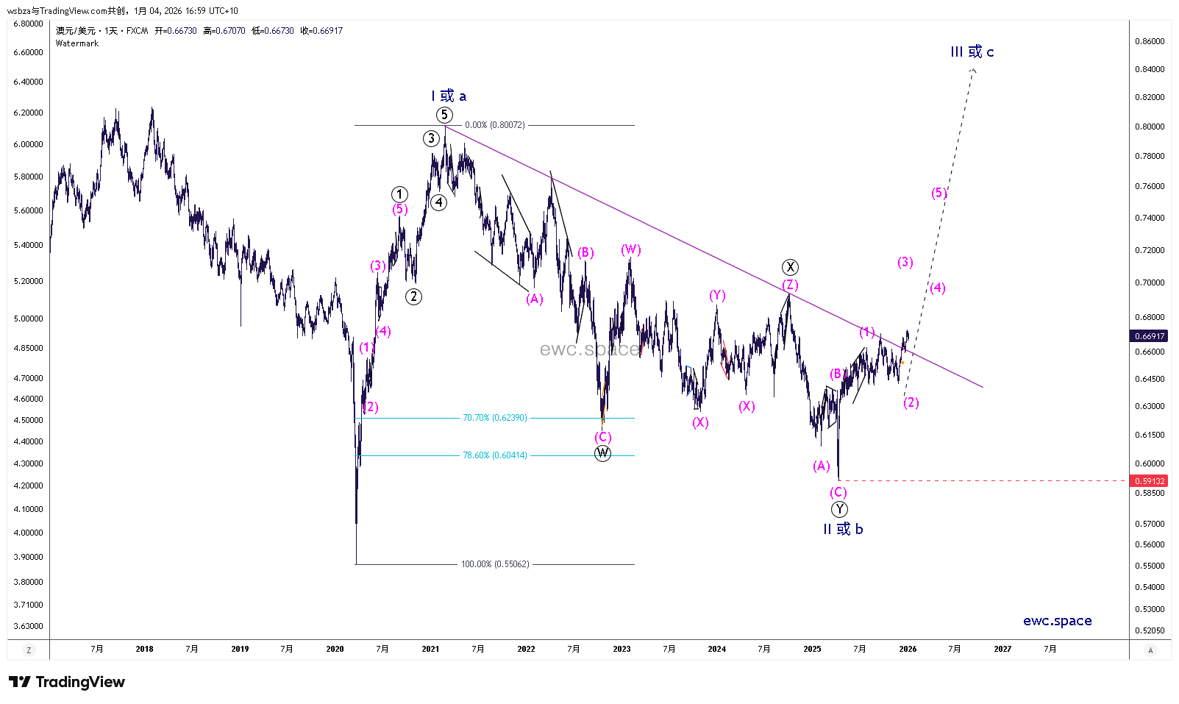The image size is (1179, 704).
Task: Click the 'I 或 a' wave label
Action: coord(448,96)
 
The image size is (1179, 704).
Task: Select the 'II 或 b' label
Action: coord(843,529)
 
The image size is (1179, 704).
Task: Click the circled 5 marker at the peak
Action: coord(444,115)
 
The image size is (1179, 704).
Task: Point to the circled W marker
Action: coord(602,453)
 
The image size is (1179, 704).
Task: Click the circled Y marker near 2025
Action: coord(839,509)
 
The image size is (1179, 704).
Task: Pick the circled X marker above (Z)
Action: coord(790,267)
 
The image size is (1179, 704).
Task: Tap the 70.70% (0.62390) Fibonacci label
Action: coord(494,418)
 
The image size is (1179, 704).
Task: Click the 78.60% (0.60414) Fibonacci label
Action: coord(494,455)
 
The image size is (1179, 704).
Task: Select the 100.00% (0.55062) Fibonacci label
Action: coord(495,564)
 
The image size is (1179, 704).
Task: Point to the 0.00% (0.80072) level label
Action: coord(495,125)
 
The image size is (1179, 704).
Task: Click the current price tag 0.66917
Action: coord(1149,336)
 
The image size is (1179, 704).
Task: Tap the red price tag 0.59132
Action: coord(1149,481)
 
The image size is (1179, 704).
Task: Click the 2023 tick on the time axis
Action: coord(621,649)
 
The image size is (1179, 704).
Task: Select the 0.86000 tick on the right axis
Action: coord(1150,41)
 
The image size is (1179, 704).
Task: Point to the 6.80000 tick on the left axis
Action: coord(28,24)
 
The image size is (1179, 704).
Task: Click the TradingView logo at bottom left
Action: coord(67,682)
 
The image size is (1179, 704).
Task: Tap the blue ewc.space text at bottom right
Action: coord(1057,621)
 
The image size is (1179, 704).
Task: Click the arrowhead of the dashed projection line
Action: coord(973,70)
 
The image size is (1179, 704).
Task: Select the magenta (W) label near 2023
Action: coord(630,249)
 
